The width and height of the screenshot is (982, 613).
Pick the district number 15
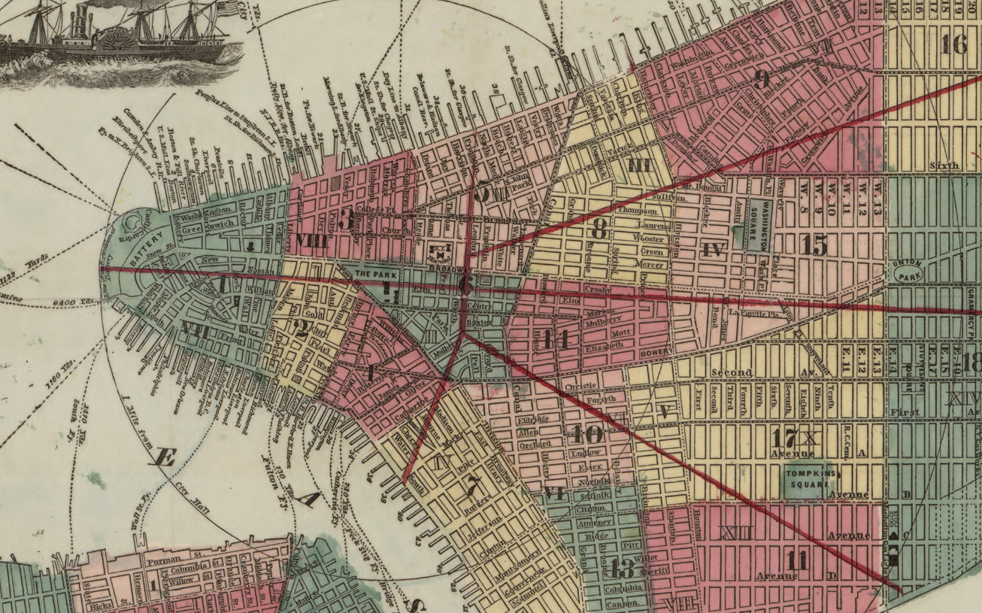click(x=814, y=244)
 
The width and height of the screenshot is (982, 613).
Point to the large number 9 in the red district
click(x=762, y=79)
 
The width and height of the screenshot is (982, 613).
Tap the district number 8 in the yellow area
click(x=599, y=229)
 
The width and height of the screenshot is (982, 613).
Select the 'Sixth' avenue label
click(x=944, y=165)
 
